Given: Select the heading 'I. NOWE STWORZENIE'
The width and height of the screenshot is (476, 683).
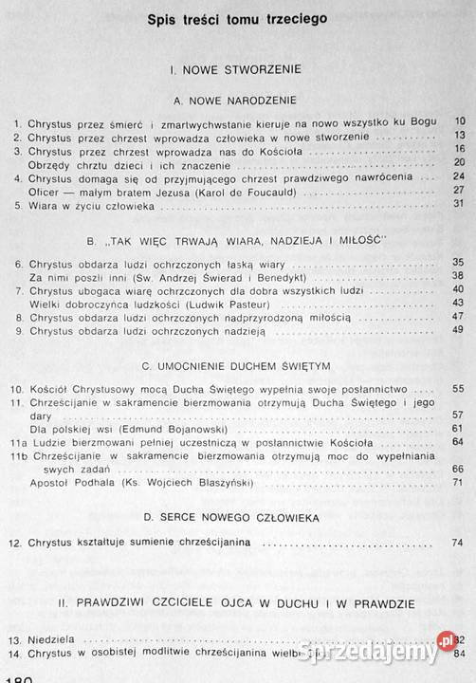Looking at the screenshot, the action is [237, 69].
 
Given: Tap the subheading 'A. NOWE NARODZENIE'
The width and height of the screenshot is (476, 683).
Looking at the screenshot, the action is [237, 99].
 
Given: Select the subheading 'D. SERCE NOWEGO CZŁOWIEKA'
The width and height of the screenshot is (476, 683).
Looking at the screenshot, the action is [237, 517].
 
